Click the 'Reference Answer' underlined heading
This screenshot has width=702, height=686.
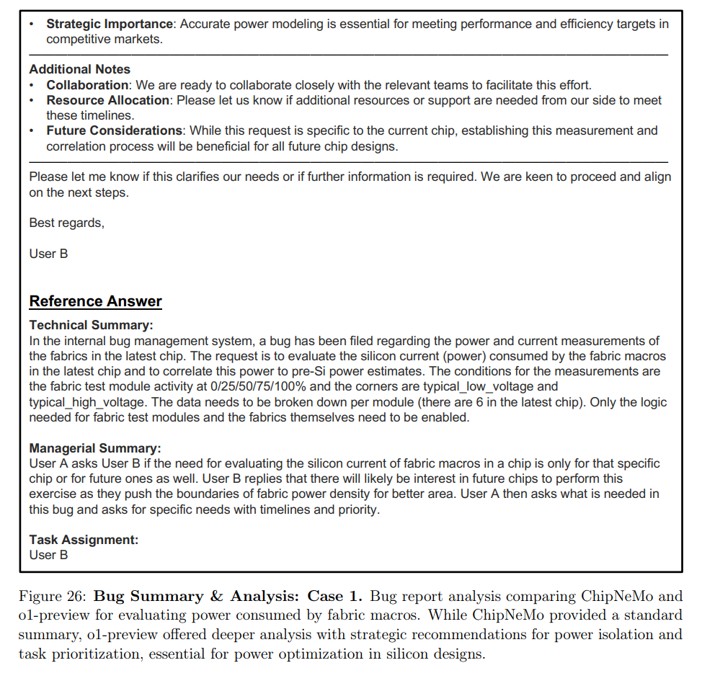pyautogui.click(x=95, y=301)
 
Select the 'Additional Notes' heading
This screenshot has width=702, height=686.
pyautogui.click(x=79, y=69)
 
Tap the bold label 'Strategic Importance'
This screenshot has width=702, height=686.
pyautogui.click(x=110, y=24)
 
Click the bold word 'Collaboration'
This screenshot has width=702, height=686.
pyautogui.click(x=87, y=85)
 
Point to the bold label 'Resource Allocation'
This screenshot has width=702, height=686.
pyautogui.click(x=108, y=100)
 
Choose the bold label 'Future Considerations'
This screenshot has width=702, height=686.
pyautogui.click(x=114, y=130)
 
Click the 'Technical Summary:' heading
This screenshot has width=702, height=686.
pyautogui.click(x=91, y=326)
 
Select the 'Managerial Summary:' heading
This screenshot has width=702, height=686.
pyautogui.click(x=95, y=448)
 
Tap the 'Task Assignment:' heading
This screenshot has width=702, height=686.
pyautogui.click(x=84, y=540)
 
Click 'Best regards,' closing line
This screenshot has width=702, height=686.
pyautogui.click(x=66, y=223)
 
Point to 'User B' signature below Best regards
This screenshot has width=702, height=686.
pyautogui.click(x=48, y=254)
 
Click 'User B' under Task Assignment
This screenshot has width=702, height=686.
pyautogui.click(x=48, y=555)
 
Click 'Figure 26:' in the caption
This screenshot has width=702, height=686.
pyautogui.click(x=52, y=597)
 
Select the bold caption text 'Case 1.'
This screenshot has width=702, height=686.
pyautogui.click(x=336, y=597)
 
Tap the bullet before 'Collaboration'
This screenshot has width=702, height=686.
pyautogui.click(x=32, y=85)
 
